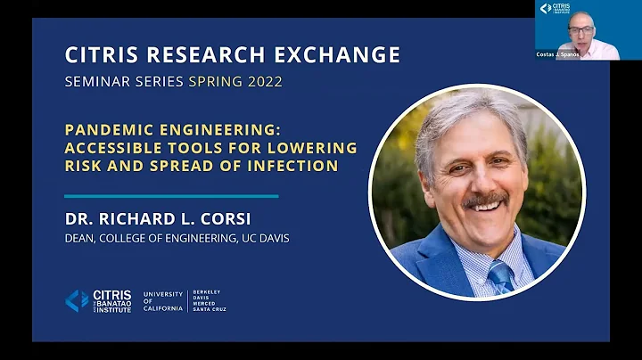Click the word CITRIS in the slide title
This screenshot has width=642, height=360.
(x=99, y=56)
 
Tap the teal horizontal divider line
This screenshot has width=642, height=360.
(x=171, y=196)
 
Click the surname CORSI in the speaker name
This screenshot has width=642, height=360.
(x=247, y=218)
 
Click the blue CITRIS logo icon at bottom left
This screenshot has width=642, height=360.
(x=78, y=300)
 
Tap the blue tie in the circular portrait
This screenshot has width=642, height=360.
(x=501, y=277)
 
